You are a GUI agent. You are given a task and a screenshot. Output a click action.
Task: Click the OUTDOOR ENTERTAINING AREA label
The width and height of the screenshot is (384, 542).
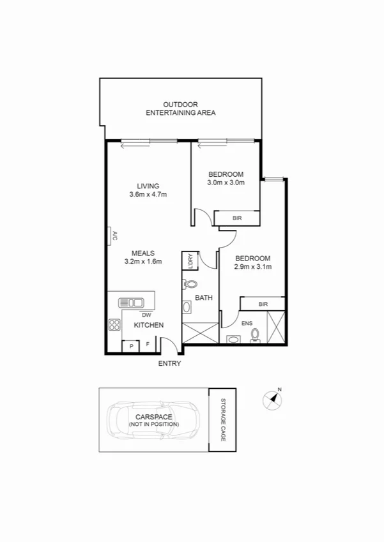pyautogui.click(x=180, y=109)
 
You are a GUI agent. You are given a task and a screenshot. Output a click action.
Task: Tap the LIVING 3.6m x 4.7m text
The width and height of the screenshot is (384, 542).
pyautogui.click(x=148, y=190)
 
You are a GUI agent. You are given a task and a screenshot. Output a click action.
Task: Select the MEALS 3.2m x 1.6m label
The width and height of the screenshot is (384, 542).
pyautogui.click(x=143, y=257)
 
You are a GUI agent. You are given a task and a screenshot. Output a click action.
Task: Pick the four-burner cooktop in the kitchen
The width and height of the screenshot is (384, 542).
pyautogui.click(x=114, y=325)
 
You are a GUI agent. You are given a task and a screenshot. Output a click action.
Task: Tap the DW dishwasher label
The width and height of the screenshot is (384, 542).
pyautogui.click(x=146, y=314)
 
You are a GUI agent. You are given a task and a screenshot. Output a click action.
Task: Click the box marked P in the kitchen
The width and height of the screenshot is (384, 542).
pyautogui.click(x=131, y=345)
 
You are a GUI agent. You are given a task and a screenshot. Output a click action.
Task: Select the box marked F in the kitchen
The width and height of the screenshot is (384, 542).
pyautogui.click(x=148, y=345)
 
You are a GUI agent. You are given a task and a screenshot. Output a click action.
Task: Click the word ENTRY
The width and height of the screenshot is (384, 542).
pyautogui.click(x=170, y=364)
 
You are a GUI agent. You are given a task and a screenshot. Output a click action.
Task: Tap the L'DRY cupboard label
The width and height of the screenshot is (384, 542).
pyautogui.click(x=189, y=260)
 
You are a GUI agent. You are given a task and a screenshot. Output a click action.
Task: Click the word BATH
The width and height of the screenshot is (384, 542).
pyautogui.click(x=204, y=297)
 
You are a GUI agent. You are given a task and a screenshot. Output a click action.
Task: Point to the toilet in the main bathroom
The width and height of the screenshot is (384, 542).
pyautogui.click(x=190, y=285)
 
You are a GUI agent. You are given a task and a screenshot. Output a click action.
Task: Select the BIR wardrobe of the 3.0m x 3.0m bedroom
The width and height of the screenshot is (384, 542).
pyautogui.click(x=237, y=218)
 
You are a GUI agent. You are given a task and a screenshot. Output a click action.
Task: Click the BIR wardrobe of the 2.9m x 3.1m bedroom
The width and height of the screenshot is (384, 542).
pyautogui.click(x=263, y=304)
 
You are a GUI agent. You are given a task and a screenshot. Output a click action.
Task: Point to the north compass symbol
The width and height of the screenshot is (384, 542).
pyautogui.click(x=273, y=399)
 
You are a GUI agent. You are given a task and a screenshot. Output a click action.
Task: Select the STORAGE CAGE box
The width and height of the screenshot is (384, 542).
pyautogui.click(x=223, y=419)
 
